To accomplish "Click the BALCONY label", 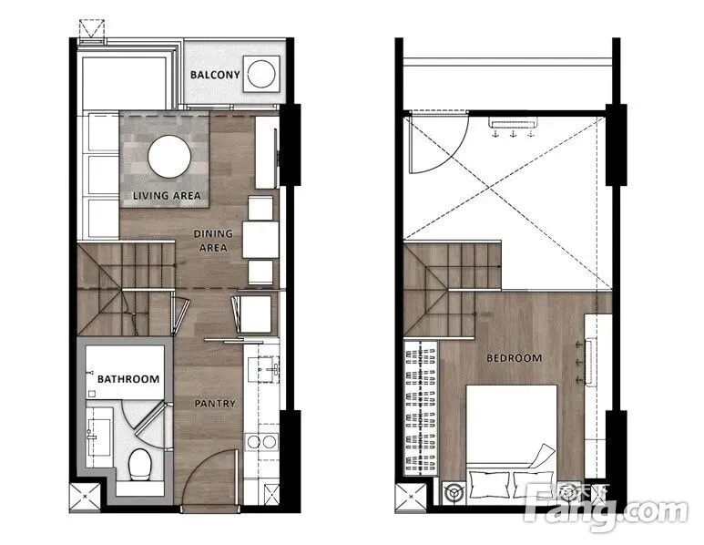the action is tap(215, 75).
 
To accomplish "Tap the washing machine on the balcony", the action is tap(261, 74).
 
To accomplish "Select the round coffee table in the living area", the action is tap(169, 157).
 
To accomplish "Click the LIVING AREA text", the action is tap(167, 195).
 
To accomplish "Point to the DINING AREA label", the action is tap(213, 241).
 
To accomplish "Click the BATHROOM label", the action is tap(128, 379).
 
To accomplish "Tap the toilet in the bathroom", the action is tap(139, 464).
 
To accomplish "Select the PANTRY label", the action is tap(215, 404).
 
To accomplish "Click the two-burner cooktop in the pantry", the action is tap(261, 442).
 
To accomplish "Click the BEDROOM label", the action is tap(514, 358).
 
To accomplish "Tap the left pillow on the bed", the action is tap(489, 485).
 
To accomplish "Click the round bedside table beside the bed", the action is tap(453, 492).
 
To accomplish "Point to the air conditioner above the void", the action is tap(512, 124).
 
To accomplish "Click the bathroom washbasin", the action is tap(98, 437).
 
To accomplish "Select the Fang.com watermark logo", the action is tap(607, 509).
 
